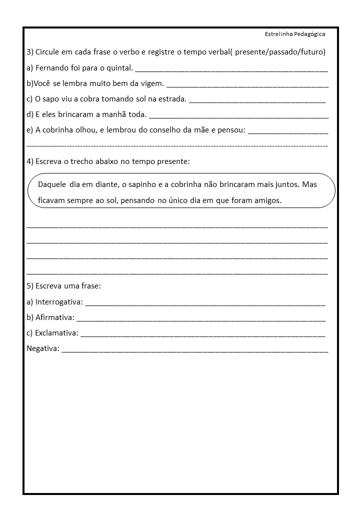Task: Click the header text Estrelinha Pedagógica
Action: pyautogui.click(x=295, y=34)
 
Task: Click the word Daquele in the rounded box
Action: pyautogui.click(x=52, y=184)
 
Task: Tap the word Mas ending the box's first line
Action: pyautogui.click(x=309, y=184)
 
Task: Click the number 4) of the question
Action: pyautogui.click(x=30, y=161)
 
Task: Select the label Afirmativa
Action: pyautogui.click(x=54, y=317)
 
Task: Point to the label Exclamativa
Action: pyautogui.click(x=56, y=332)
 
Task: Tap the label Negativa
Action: pyautogui.click(x=42, y=348)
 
